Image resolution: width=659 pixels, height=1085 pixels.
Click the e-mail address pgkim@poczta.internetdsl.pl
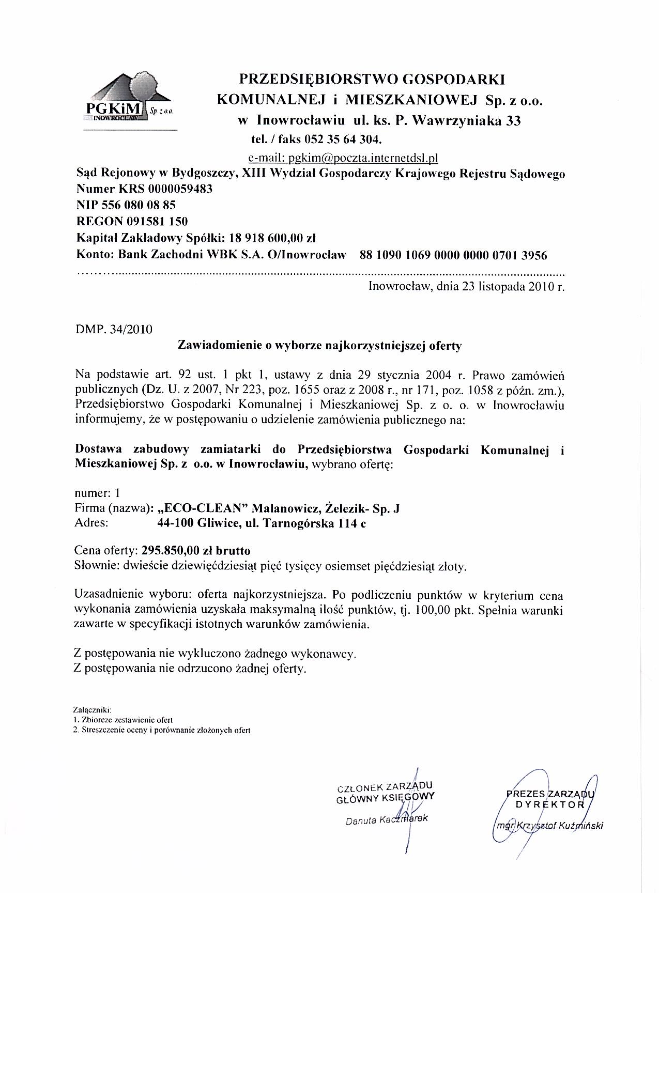(x=343, y=157)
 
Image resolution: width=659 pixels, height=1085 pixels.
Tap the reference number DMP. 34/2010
(x=114, y=329)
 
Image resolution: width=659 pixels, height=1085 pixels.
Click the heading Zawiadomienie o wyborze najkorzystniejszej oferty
(x=319, y=346)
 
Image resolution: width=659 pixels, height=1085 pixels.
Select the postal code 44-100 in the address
(x=175, y=523)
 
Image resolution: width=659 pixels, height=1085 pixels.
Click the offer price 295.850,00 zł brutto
(x=196, y=551)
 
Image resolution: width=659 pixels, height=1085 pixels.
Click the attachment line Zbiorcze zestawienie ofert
(x=127, y=719)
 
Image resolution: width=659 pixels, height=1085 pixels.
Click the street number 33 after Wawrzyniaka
(x=513, y=121)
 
